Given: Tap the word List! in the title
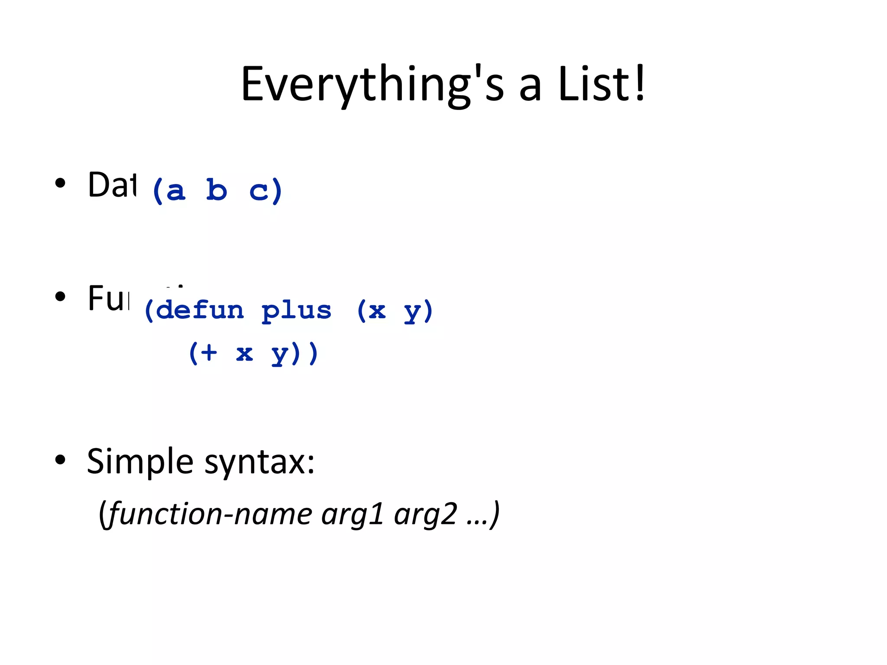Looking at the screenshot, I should tap(602, 84).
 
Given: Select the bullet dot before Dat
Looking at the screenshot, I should tap(60, 183).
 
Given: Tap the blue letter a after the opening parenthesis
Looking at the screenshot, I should tap(175, 191).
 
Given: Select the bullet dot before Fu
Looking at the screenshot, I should tap(60, 297).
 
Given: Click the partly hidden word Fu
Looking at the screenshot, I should tap(108, 298).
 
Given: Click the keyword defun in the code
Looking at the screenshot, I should tap(200, 310).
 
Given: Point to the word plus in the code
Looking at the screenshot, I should tap(297, 311).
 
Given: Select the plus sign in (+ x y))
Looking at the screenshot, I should tap(208, 352).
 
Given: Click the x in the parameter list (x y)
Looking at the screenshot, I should tap(377, 311).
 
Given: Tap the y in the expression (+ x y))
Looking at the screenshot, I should tap(280, 354).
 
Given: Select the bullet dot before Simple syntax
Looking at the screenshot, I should tap(60, 460).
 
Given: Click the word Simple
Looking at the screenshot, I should tap(140, 462).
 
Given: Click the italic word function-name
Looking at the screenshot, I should tap(210, 514).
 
